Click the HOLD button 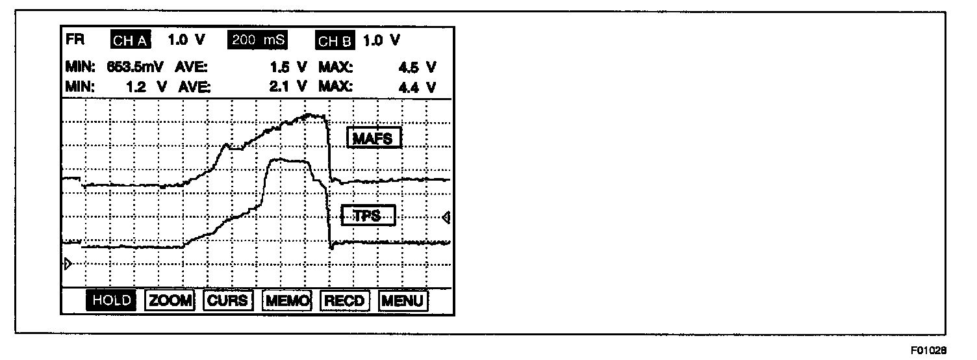(112, 301)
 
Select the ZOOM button (170, 301)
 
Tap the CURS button (227, 301)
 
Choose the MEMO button (287, 301)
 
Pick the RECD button (345, 301)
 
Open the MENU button (403, 301)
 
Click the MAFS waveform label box (374, 138)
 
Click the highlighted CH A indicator (131, 41)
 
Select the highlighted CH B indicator (335, 41)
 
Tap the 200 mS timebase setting (258, 40)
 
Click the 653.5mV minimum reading (135, 67)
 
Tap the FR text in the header (74, 40)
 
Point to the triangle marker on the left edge (66, 263)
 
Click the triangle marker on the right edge (446, 218)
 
